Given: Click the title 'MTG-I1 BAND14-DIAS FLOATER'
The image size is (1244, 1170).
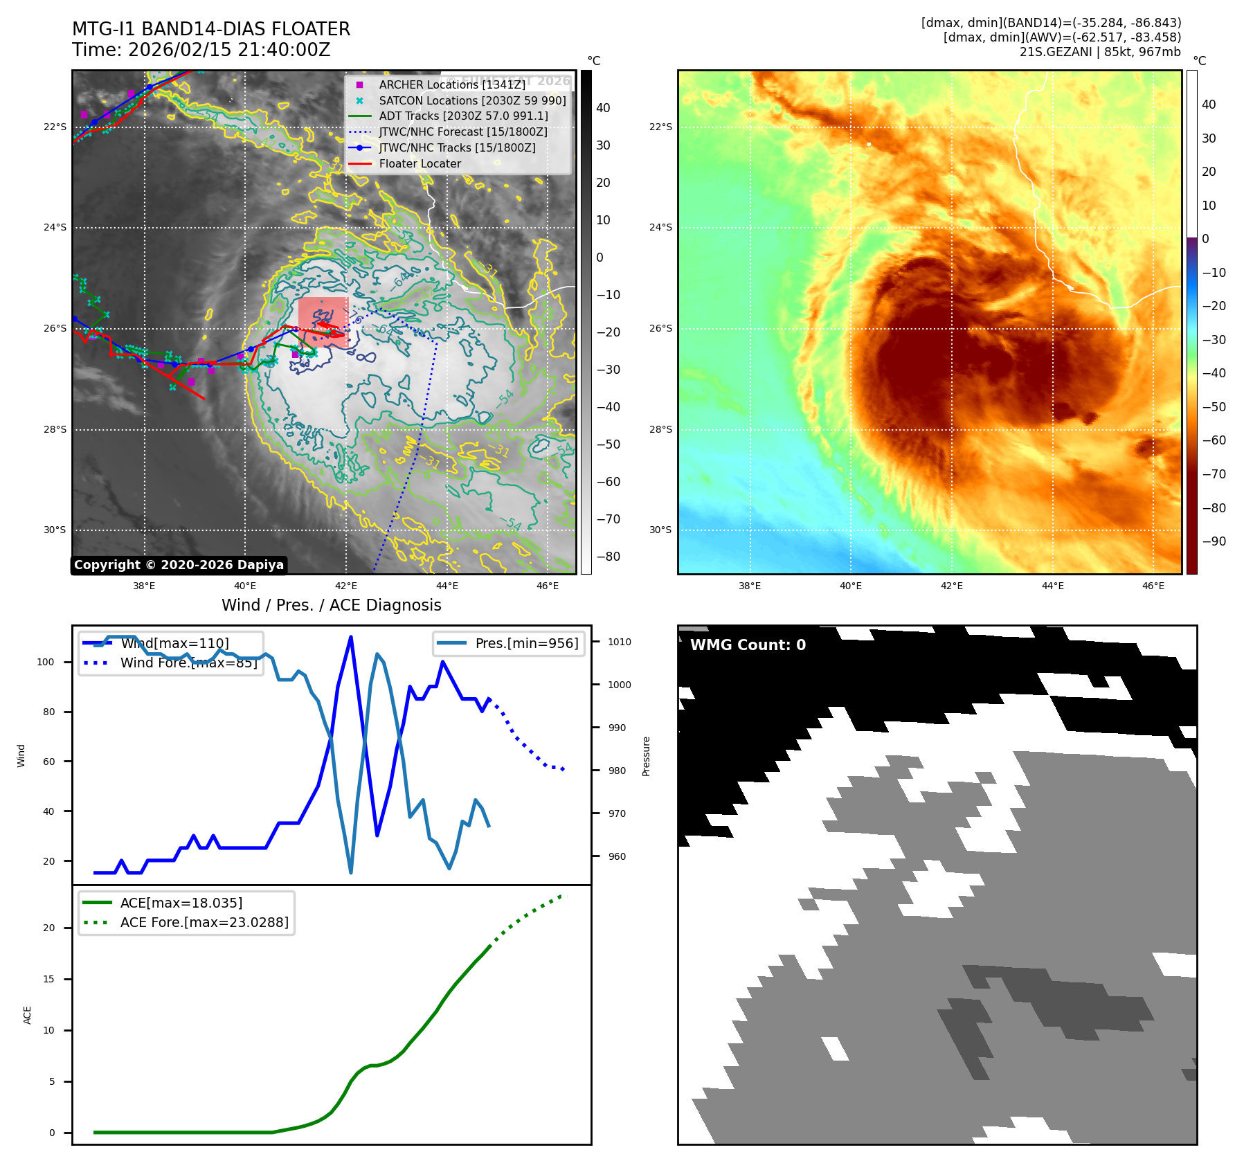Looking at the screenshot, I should pos(211,29).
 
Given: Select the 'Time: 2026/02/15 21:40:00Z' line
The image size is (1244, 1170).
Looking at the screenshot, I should pos(201,50).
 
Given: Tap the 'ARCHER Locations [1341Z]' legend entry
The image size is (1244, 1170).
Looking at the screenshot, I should pos(451,84).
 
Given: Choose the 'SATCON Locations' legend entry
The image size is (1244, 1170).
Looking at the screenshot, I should pos(472,100).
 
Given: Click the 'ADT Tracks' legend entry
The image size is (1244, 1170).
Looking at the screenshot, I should pos(463,116).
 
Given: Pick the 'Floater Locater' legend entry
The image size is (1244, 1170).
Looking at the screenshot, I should pos(420,164).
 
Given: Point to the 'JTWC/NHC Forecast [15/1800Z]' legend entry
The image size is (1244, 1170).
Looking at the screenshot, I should pos(462,132).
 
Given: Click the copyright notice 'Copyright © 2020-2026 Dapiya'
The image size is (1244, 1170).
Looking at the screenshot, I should pos(179,565).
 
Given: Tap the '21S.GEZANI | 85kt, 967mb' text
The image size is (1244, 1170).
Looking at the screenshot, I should pos(1100,52).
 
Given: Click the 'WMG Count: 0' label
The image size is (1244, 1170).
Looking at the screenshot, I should pos(748,645).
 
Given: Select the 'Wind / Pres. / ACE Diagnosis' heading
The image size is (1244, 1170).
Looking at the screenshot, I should pos(331,605).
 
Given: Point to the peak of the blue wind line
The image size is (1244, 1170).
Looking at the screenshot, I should pos(351,637).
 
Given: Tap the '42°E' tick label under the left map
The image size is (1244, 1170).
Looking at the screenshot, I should pos(346,586).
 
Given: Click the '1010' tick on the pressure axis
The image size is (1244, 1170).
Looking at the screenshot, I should pos(620,642).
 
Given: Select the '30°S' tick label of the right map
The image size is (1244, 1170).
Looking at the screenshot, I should pos(660,530).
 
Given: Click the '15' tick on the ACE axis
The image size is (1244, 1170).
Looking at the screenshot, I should pos(49,979).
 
